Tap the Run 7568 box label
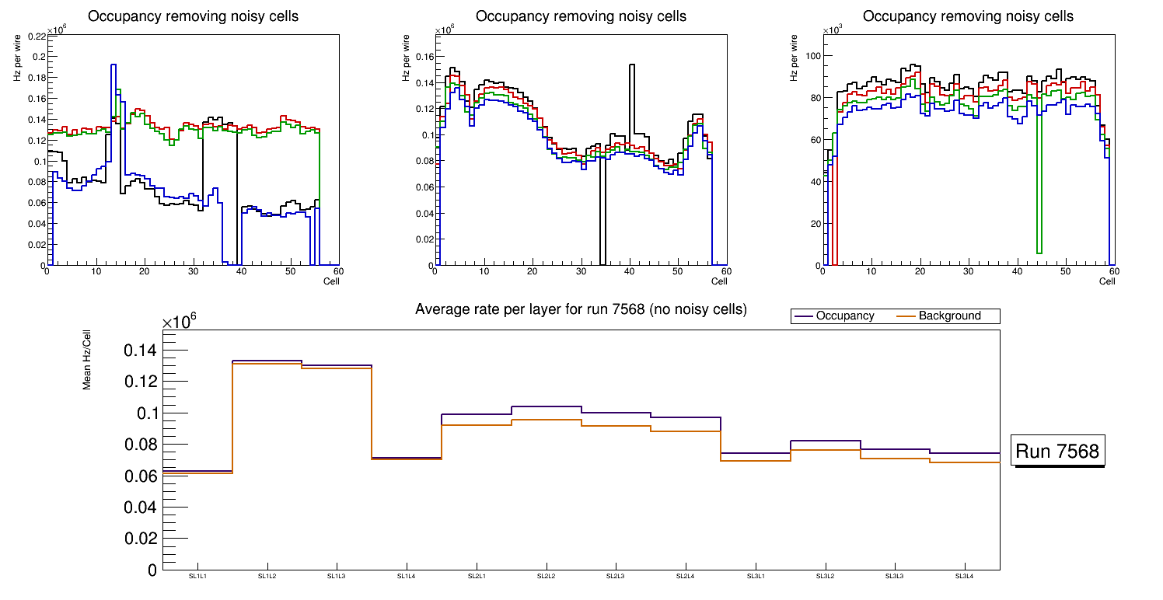point(1057,451)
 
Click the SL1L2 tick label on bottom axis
point(267,577)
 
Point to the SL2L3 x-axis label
point(616,577)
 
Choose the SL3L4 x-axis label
point(964,577)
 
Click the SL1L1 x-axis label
point(197,577)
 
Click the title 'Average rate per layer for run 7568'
point(581,309)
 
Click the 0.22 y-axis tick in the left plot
point(36,36)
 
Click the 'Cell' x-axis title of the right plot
point(1107,281)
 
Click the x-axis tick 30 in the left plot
point(193,271)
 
